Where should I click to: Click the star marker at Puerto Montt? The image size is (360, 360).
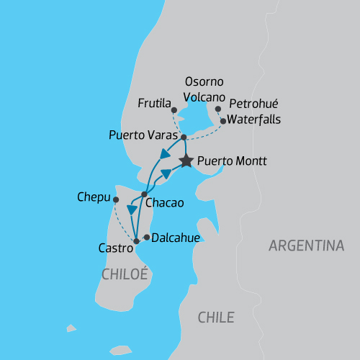click(x=186, y=161)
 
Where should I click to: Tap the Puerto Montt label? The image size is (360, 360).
click(x=231, y=162)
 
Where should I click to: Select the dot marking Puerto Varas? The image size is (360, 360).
click(x=184, y=137)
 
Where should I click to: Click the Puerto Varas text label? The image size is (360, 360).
click(x=143, y=135)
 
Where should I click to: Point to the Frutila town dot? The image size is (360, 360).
click(x=174, y=110)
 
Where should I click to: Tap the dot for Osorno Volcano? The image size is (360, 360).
click(x=218, y=109)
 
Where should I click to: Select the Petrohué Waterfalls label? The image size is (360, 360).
click(x=255, y=110)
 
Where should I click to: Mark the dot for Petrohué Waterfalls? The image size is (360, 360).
click(x=223, y=121)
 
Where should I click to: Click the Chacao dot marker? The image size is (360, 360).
click(x=145, y=194)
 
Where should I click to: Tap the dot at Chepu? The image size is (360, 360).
click(x=115, y=199)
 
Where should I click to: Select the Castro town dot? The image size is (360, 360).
click(x=136, y=241)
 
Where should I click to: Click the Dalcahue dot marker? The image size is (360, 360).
click(x=147, y=237)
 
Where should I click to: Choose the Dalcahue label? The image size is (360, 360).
click(x=176, y=238)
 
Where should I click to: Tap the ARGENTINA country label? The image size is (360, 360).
click(x=306, y=246)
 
